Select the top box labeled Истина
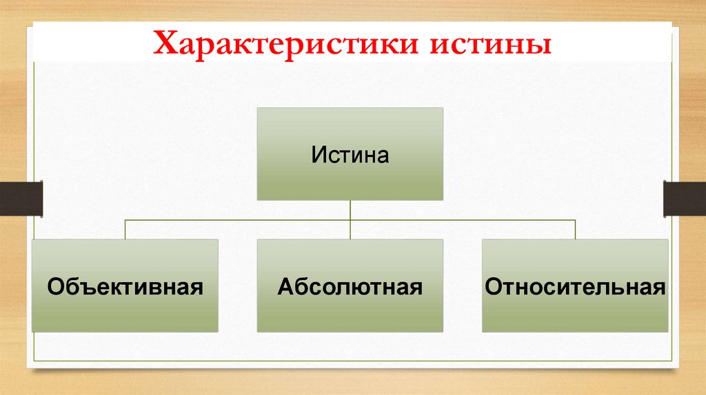coord(350,153)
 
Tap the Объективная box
coord(125,286)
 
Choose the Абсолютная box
coord(350,286)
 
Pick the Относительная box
coord(575,286)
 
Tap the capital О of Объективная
coord(54,286)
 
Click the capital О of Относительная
coord(493,286)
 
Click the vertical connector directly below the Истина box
coord(350,210)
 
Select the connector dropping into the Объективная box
coord(125,229)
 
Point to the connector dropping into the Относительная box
coord(575,229)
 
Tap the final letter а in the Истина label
coord(383,156)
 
